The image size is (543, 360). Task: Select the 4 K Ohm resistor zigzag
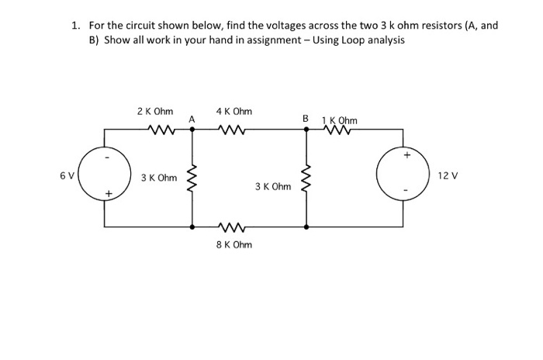tap(232, 130)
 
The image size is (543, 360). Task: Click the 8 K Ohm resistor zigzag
tap(232, 227)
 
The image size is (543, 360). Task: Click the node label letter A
tap(191, 119)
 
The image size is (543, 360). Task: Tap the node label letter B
tap(306, 119)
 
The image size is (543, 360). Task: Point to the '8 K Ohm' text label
tap(233, 244)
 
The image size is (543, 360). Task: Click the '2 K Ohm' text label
tap(154, 112)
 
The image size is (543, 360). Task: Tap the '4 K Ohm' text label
tap(233, 112)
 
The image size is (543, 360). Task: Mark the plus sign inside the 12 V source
tap(406, 154)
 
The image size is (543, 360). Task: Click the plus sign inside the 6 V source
tap(110, 192)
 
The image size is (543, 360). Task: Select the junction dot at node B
tap(306, 130)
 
